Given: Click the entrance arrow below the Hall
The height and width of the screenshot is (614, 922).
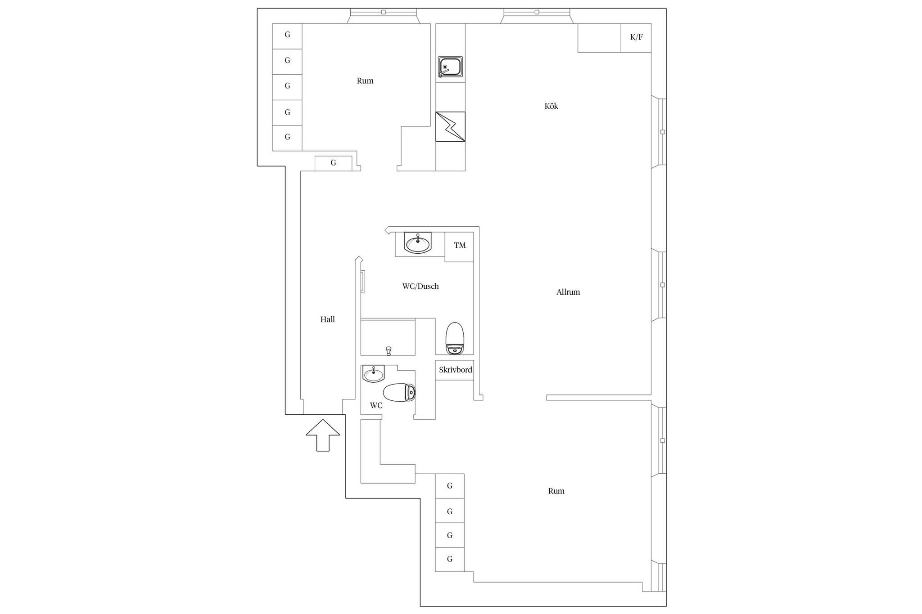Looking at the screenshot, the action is pos(323,435).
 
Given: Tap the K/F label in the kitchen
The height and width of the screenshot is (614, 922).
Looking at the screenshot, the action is pos(636,37).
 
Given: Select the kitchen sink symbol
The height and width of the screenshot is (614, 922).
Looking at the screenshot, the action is pos(450,67).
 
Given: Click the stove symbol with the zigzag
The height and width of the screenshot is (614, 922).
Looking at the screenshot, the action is pos(450,126).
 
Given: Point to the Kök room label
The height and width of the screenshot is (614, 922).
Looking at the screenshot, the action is pos(551,106).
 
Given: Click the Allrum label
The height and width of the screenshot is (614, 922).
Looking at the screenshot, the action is pos(568,292).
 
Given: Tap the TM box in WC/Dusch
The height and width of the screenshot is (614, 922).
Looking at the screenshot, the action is pos(459,246).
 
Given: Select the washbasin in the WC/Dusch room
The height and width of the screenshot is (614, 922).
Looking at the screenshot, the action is pos(418,243).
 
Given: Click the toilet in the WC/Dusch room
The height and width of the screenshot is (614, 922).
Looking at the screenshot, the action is pos(455,338).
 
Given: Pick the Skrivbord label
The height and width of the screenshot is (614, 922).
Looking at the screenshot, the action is pos(456,370).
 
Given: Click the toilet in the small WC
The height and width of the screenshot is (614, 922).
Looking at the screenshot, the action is pos(399,392).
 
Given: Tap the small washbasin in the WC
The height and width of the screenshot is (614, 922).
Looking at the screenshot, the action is pos(373,373).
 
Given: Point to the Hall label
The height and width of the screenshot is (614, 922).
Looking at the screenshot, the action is pos(327,319).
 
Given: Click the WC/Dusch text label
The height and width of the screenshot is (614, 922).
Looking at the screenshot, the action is pos(420,286).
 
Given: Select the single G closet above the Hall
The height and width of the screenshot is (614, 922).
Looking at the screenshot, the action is pos(333,163).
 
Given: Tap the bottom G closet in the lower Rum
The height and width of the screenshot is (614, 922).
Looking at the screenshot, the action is pos(450,559).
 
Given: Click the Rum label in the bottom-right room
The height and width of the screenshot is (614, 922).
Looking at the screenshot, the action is pos(556,491).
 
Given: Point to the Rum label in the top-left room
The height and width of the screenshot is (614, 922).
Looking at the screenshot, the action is pos(365,81).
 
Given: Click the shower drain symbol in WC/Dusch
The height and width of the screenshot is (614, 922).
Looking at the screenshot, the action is pos(389,350).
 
